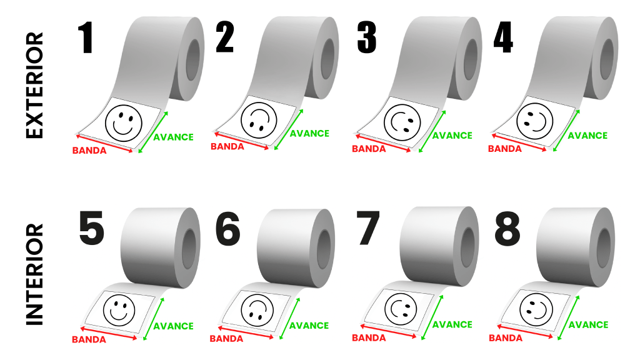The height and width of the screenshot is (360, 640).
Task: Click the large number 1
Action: point(86,37)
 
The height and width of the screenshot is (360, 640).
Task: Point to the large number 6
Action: point(227,229)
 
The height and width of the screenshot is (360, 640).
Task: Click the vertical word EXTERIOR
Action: point(34,85)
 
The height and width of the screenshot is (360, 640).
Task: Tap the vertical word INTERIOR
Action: point(34,274)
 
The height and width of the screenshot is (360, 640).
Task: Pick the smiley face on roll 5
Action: point(119,310)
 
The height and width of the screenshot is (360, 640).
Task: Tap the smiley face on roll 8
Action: point(536,309)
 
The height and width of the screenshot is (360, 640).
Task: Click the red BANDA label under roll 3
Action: point(369,149)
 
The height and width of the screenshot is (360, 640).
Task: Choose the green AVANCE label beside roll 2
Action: point(309,134)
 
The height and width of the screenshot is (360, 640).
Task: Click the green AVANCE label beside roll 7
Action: point(452,324)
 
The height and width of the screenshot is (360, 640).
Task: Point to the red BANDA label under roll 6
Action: point(226,338)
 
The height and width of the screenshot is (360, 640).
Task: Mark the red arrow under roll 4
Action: point(519,142)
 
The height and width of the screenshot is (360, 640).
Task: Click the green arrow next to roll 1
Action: point(153,132)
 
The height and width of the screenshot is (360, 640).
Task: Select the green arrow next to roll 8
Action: point(568,317)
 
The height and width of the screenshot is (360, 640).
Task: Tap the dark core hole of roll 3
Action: point(470,59)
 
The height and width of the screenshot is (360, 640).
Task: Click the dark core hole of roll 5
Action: point(189,249)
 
